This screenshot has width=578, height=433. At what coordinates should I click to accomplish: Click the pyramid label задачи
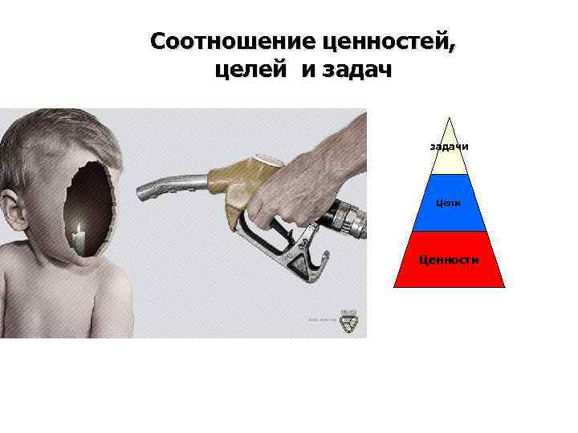click(450, 147)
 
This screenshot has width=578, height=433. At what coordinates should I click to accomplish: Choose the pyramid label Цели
click(450, 203)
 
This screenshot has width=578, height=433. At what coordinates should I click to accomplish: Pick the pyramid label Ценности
click(450, 259)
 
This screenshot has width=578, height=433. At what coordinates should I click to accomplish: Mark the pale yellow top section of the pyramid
click(450, 160)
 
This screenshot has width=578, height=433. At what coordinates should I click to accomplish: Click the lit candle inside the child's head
click(79, 236)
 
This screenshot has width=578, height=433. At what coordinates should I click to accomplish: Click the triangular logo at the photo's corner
click(348, 322)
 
